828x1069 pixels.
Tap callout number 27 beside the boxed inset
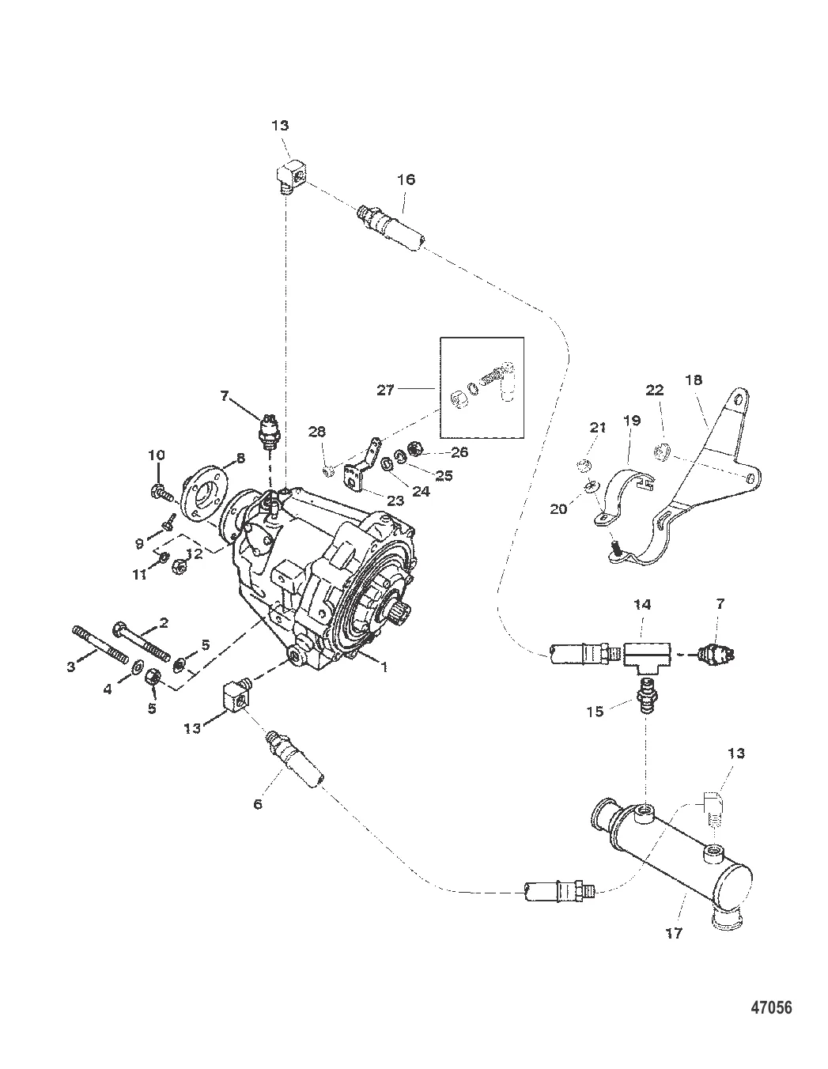pyautogui.click(x=385, y=390)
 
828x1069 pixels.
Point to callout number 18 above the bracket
pyautogui.click(x=694, y=380)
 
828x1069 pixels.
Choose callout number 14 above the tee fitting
pyautogui.click(x=642, y=604)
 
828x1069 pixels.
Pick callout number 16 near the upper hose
pyautogui.click(x=406, y=179)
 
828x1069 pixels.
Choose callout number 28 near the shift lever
pyautogui.click(x=317, y=432)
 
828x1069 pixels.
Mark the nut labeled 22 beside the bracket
pyautogui.click(x=662, y=452)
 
